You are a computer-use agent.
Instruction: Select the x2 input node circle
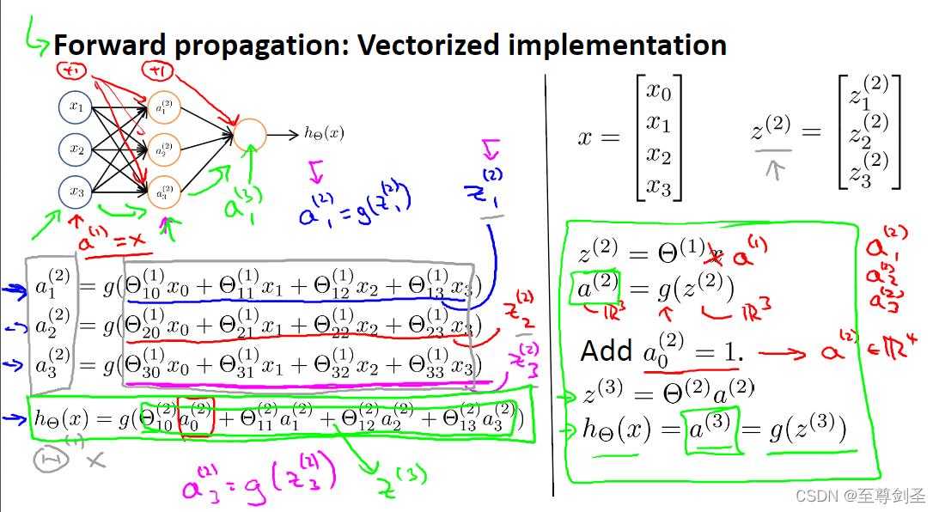(76, 149)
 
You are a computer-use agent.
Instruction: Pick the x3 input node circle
(76, 191)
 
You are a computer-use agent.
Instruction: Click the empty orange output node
(250, 134)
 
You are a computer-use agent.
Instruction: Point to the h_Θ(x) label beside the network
(324, 133)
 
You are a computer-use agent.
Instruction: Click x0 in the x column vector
(658, 90)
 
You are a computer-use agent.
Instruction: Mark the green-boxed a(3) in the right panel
(710, 428)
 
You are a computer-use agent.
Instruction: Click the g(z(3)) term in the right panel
(808, 428)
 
